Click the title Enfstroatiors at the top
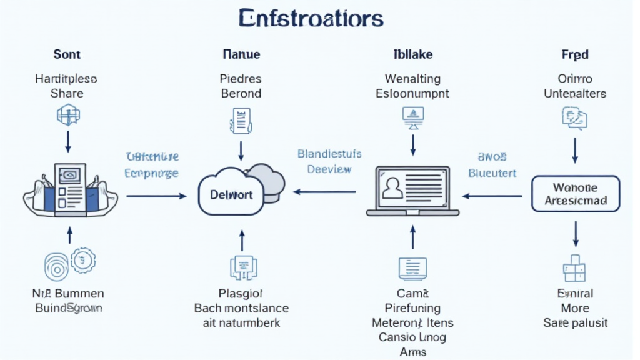(x=311, y=19)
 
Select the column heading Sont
(x=67, y=54)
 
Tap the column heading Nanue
(x=241, y=54)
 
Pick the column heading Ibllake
(x=412, y=54)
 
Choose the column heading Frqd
(x=575, y=54)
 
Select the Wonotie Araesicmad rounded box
(x=576, y=194)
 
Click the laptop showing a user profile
(x=412, y=190)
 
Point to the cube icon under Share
(x=67, y=116)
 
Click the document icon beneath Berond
(x=241, y=117)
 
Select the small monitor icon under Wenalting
(x=413, y=116)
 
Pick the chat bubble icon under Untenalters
(x=575, y=117)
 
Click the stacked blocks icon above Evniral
(x=575, y=267)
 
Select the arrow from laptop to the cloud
(x=325, y=193)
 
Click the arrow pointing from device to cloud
(x=156, y=196)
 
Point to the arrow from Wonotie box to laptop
(x=492, y=196)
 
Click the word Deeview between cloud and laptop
(x=329, y=169)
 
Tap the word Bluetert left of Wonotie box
(x=492, y=173)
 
